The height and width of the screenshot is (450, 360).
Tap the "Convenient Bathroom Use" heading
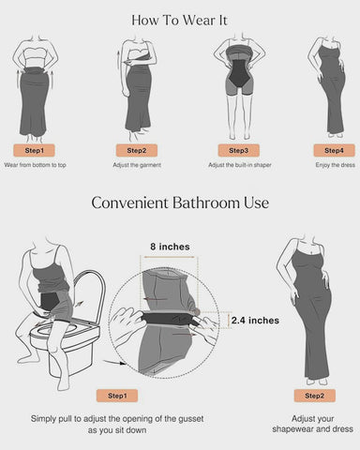179,202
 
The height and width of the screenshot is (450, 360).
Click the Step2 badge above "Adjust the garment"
136,150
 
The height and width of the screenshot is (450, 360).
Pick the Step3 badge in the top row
238,150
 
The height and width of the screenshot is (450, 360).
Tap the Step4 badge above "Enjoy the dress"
334,150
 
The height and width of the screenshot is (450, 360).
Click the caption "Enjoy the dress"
334,165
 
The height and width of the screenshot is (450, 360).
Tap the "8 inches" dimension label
170,247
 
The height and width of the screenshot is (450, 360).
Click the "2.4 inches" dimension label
254,321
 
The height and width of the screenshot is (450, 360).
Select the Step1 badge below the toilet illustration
118,395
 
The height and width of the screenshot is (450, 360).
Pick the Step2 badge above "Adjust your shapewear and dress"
314,396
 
